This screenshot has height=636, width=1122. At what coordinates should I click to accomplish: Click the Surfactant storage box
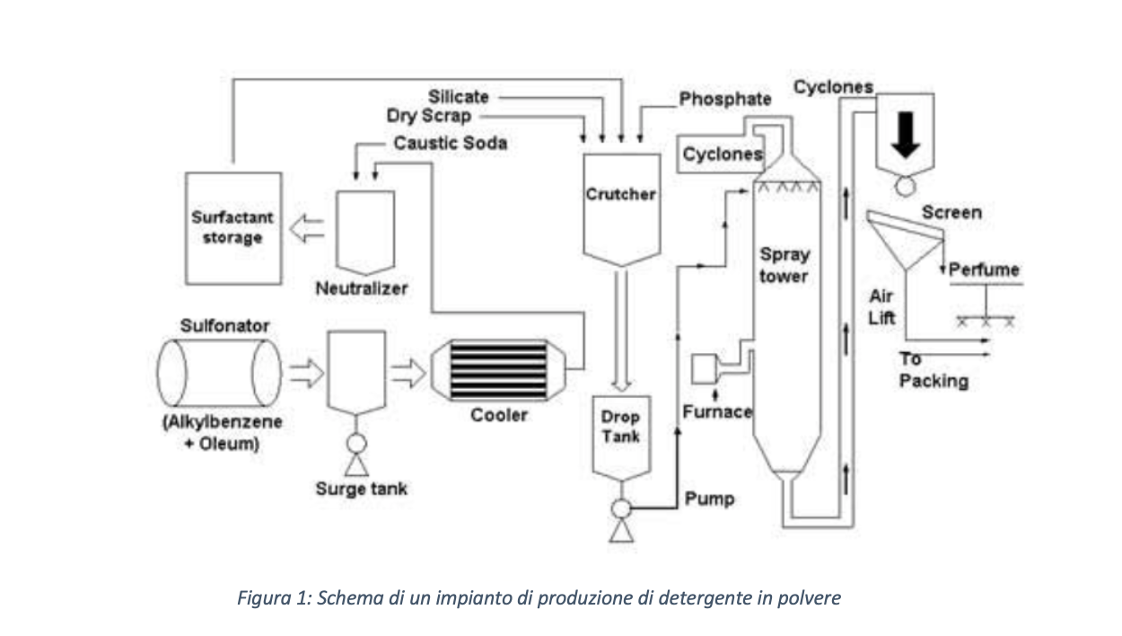point(232,226)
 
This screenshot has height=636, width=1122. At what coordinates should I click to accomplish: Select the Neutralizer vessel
point(364,233)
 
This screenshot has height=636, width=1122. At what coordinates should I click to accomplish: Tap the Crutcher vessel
point(620,205)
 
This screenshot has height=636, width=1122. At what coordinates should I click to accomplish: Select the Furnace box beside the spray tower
point(704,368)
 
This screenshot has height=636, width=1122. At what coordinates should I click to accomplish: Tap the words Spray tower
point(784,265)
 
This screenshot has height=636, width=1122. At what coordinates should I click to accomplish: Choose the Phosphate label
point(724,99)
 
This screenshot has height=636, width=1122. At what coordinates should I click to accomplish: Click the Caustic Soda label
point(450,143)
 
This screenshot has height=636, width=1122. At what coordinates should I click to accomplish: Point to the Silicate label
point(458,96)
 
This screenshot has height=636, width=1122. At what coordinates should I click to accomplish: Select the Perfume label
point(984,269)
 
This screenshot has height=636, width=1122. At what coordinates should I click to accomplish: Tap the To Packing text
point(934,371)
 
